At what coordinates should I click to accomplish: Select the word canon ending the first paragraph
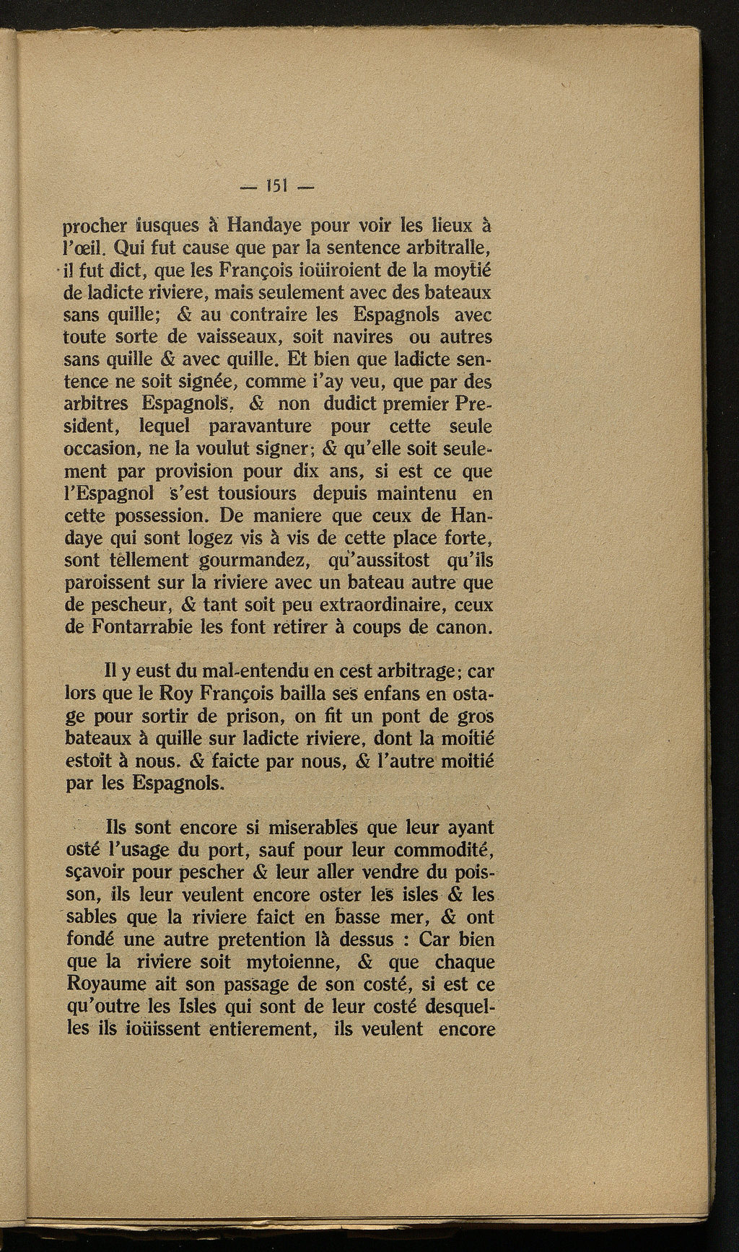(x=463, y=627)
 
